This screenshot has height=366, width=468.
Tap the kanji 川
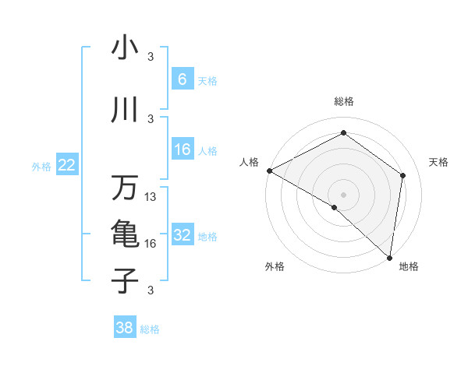pyautogui.click(x=125, y=111)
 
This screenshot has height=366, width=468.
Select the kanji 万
pyautogui.click(x=125, y=188)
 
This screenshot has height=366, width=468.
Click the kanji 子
pyautogui.click(x=125, y=280)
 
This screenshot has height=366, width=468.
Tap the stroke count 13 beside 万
pyautogui.click(x=151, y=198)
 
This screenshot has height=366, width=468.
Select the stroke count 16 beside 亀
pyautogui.click(x=151, y=244)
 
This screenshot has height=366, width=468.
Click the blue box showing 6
pyautogui.click(x=182, y=79)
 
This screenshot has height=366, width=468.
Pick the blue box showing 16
pyautogui.click(x=182, y=150)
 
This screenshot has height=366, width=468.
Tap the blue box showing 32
pyautogui.click(x=182, y=235)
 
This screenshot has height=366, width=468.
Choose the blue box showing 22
pyautogui.click(x=67, y=164)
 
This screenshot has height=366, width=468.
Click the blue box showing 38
pyautogui.click(x=124, y=328)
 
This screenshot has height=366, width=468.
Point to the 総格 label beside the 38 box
pyautogui.click(x=150, y=329)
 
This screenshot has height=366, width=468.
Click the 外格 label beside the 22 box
pyautogui.click(x=41, y=166)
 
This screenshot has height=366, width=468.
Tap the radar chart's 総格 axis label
pyautogui.click(x=344, y=101)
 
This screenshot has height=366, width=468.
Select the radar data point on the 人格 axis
pyautogui.click(x=269, y=171)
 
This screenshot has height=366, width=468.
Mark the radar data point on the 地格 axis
pyautogui.click(x=389, y=257)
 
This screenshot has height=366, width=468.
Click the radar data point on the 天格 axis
pyautogui.click(x=403, y=175)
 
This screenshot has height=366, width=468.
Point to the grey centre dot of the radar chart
pyautogui.click(x=343, y=194)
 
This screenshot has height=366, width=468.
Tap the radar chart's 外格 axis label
pyautogui.click(x=275, y=266)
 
